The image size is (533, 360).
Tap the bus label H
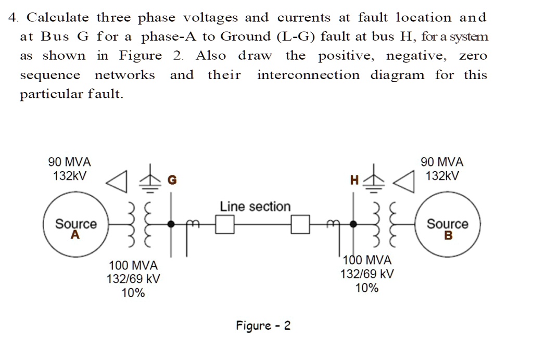coord(354,181)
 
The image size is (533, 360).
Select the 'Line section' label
coord(255,207)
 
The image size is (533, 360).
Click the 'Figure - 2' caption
coord(263,326)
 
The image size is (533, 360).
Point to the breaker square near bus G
coord(225,224)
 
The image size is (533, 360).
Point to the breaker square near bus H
coord(300,224)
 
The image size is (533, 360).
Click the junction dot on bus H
coord(353,224)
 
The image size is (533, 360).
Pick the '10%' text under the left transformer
coord(133,293)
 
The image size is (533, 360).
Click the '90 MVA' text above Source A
coord(69,162)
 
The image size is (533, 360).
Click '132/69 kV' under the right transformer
coord(367,274)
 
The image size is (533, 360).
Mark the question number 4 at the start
coord(13,18)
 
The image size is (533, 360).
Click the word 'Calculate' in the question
coord(58,18)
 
